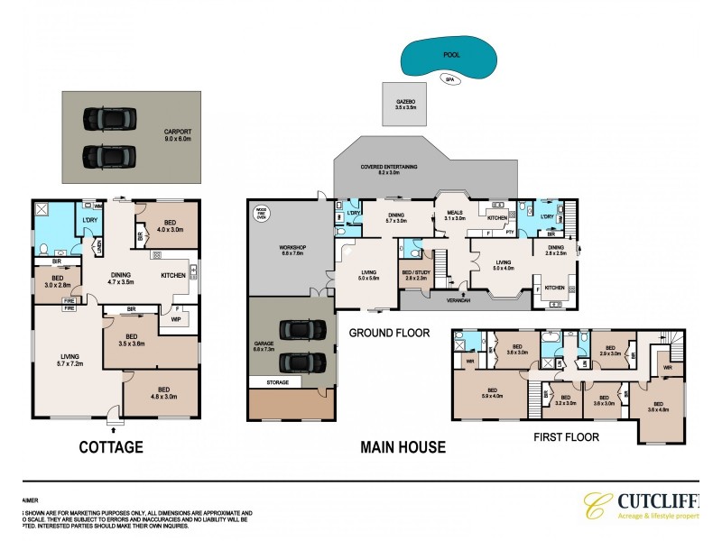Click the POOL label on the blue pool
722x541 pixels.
click(451, 55)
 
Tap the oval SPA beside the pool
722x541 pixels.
click(449, 79)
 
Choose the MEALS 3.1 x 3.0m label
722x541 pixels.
click(454, 215)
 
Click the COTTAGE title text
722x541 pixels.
click(112, 445)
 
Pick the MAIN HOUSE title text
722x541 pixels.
click(403, 445)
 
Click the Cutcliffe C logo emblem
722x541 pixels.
click(594, 507)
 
